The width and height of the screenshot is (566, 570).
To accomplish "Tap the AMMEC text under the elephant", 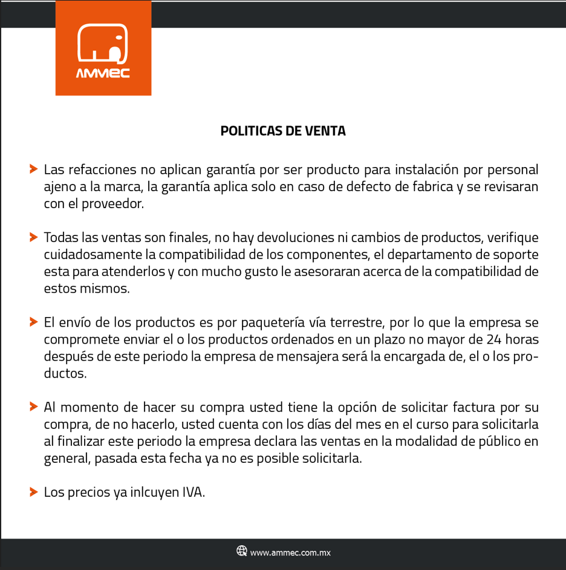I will [x=103, y=74].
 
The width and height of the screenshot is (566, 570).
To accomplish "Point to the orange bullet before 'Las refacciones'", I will [x=33, y=169].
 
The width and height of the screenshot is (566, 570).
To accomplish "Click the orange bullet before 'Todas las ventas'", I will [x=33, y=237].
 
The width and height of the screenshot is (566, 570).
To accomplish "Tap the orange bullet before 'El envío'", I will [x=33, y=321].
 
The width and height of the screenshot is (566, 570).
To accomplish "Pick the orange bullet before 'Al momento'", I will [x=33, y=407].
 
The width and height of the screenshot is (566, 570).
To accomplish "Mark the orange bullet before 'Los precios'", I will [x=33, y=491].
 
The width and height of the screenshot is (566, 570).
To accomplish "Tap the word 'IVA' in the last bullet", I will [x=194, y=492].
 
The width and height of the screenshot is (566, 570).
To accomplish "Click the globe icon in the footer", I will [x=242, y=551].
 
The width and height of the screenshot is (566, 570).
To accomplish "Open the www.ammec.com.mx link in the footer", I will [x=290, y=552].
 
